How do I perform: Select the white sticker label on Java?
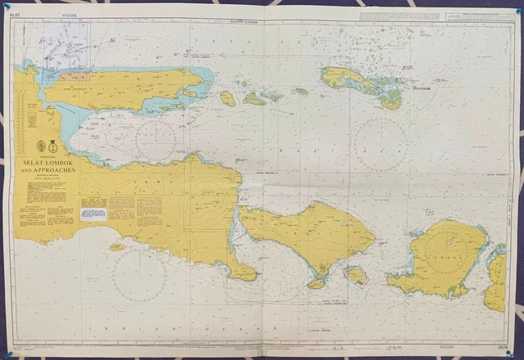coord(94,214)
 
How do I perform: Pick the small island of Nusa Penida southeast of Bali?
coord(356,275)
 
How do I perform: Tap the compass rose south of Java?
coord(139,274)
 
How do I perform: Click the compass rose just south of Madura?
coord(156,139)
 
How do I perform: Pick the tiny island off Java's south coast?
coord(118,246)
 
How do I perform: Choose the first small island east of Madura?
coord(228,98)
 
